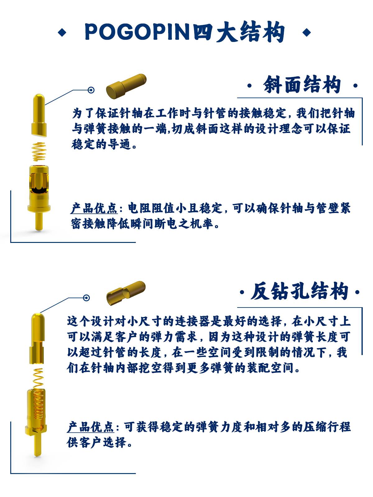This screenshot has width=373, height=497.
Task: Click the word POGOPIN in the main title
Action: point(137,32)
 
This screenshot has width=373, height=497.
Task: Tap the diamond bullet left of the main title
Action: point(62,32)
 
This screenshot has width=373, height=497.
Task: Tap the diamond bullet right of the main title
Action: point(307,32)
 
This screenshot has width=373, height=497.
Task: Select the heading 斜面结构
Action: point(302,85)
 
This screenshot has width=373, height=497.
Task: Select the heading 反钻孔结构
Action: point(299,291)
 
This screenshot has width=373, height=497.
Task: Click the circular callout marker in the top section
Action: point(91,90)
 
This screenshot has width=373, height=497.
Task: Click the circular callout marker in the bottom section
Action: point(86,298)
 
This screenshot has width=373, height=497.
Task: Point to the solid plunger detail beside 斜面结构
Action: point(126,86)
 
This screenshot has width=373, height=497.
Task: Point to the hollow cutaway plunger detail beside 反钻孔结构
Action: point(126,294)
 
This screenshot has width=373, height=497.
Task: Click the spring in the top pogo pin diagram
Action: point(39,152)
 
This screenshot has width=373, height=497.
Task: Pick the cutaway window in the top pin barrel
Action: point(39,183)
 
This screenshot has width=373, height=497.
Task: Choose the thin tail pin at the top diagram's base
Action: point(39,221)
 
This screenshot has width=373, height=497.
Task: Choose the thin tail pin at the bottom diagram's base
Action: point(38,444)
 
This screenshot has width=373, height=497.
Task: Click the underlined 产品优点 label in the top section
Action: point(94,208)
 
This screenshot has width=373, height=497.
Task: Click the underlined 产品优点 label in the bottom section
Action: point(90,427)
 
